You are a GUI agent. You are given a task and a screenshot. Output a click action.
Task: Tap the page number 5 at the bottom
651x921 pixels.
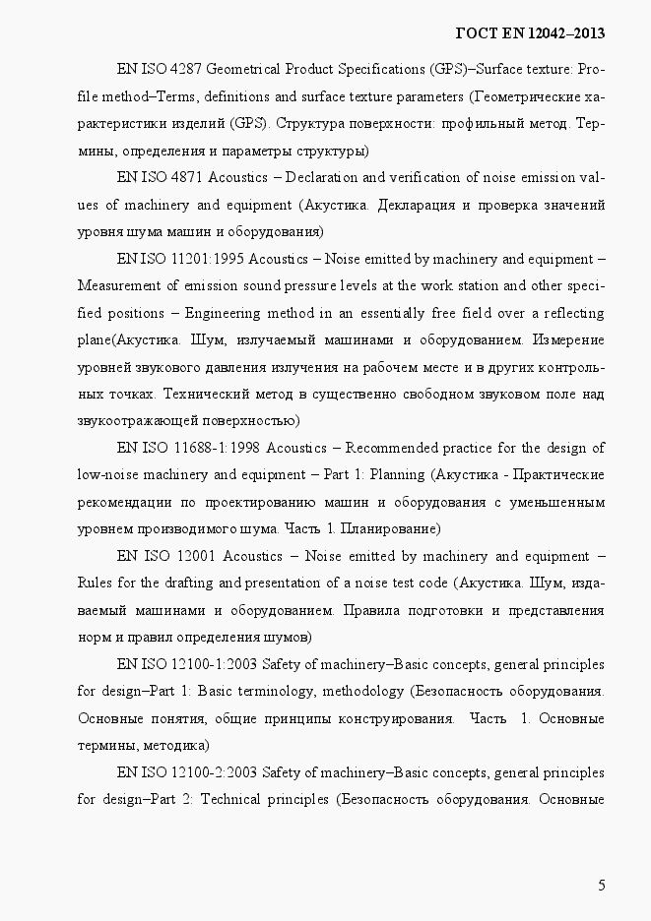[x=601, y=885]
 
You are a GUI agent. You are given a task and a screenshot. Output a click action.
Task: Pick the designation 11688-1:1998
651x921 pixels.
[x=207, y=448]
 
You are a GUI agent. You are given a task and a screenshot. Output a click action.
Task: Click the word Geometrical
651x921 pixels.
[x=241, y=70]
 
